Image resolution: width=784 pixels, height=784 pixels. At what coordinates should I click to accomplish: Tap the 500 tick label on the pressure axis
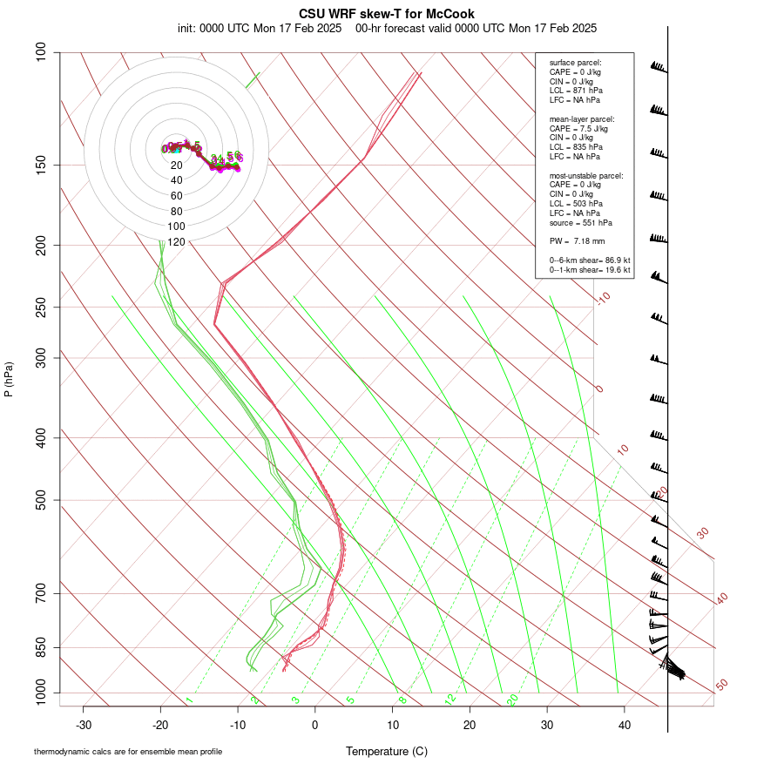coord(43,500)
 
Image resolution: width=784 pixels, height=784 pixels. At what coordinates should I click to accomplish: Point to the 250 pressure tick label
coord(43,307)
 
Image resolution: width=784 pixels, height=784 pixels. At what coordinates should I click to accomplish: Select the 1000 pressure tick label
coord(40,693)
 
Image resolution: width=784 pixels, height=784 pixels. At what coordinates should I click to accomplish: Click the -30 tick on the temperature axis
coord(84,726)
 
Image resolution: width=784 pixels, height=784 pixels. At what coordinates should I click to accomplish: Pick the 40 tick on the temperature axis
coord(624,726)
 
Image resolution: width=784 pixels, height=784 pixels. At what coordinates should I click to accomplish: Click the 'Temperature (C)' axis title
coord(386,751)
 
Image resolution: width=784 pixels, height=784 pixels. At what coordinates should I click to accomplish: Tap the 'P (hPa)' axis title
coord(9,380)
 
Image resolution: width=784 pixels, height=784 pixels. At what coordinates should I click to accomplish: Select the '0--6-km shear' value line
coord(589,260)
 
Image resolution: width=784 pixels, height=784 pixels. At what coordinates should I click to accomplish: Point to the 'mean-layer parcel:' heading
coord(582,118)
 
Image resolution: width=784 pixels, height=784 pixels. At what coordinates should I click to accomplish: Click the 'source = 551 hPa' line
coord(580,223)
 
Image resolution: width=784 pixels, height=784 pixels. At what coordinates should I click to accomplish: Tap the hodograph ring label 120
coord(177,242)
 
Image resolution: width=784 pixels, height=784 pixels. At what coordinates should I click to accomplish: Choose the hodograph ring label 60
coord(177,196)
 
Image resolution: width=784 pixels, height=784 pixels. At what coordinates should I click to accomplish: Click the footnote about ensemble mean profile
coord(128,752)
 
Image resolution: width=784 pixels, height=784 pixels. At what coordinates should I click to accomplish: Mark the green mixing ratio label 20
coord(512,700)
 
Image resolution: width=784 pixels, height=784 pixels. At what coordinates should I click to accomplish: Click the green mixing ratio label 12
coord(450,700)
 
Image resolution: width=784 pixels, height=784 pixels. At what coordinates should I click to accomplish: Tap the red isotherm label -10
coord(603,299)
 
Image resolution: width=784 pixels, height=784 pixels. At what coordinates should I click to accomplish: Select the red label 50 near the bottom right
coord(721,686)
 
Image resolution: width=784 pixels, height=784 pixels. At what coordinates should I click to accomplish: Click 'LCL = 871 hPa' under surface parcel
coord(575,91)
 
